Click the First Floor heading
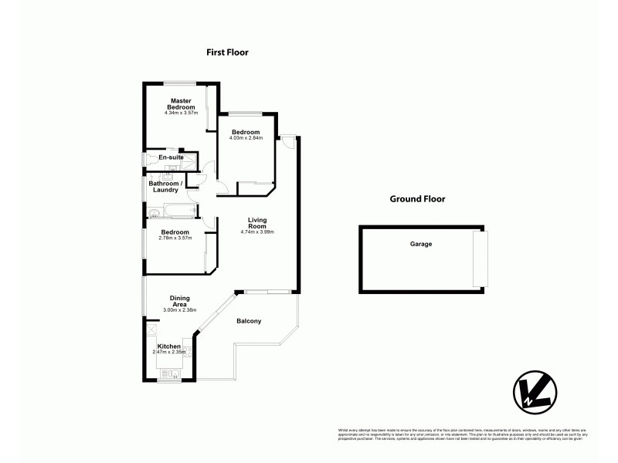[x=227, y=52]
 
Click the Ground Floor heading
[x=417, y=198]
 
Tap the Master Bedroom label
[x=181, y=103]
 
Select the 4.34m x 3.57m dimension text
[x=181, y=113]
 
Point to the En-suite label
[x=170, y=157]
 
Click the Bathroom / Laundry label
[x=166, y=186]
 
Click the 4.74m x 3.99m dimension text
[x=257, y=232]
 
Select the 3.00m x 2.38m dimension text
[x=180, y=310]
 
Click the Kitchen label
[x=169, y=346]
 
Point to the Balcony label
[x=249, y=321]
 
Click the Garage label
[x=421, y=244]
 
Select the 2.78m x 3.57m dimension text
[x=175, y=238]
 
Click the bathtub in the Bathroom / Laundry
[x=171, y=211]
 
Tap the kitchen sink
[x=170, y=373]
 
